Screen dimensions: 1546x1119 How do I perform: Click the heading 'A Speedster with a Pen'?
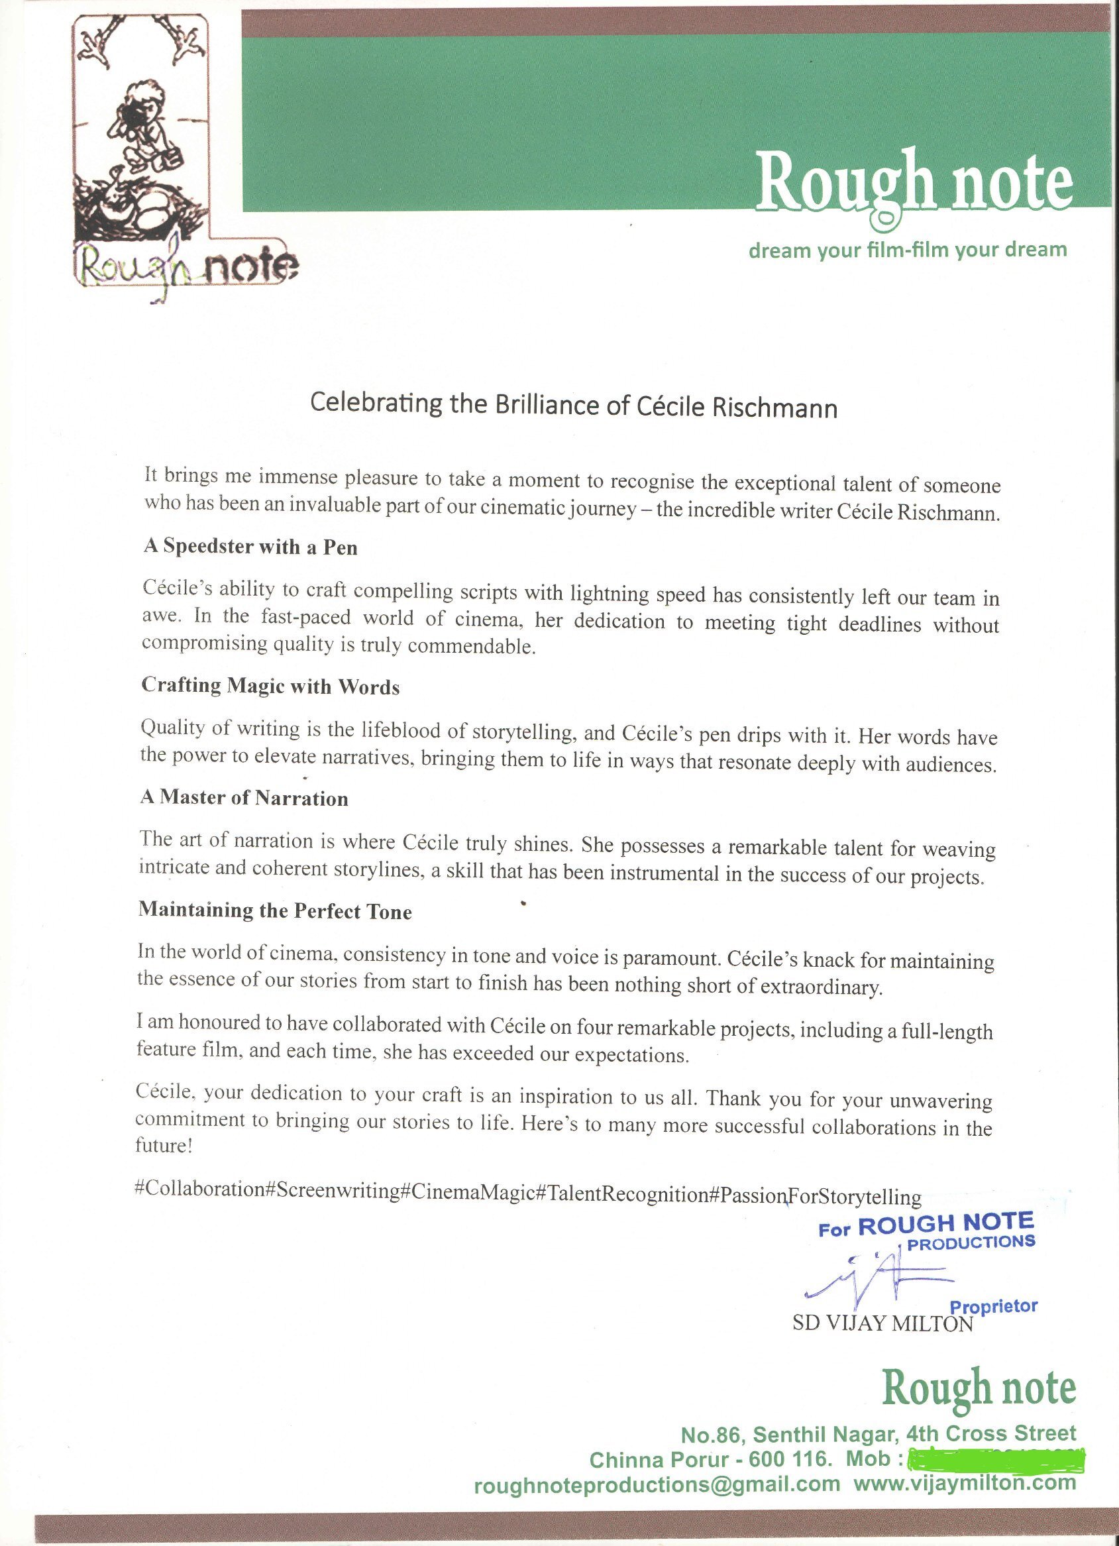point(250,547)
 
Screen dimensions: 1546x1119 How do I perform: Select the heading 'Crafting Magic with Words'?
point(270,686)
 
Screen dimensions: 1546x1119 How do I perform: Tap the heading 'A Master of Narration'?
point(244,798)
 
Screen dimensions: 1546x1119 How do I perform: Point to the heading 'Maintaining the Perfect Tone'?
point(276,911)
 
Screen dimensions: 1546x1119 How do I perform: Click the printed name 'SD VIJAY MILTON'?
point(882,1324)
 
